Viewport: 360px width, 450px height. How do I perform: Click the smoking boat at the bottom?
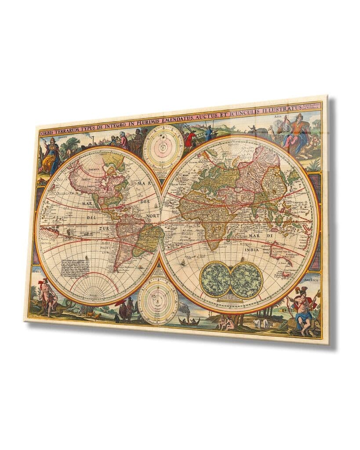click(x=189, y=320)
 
